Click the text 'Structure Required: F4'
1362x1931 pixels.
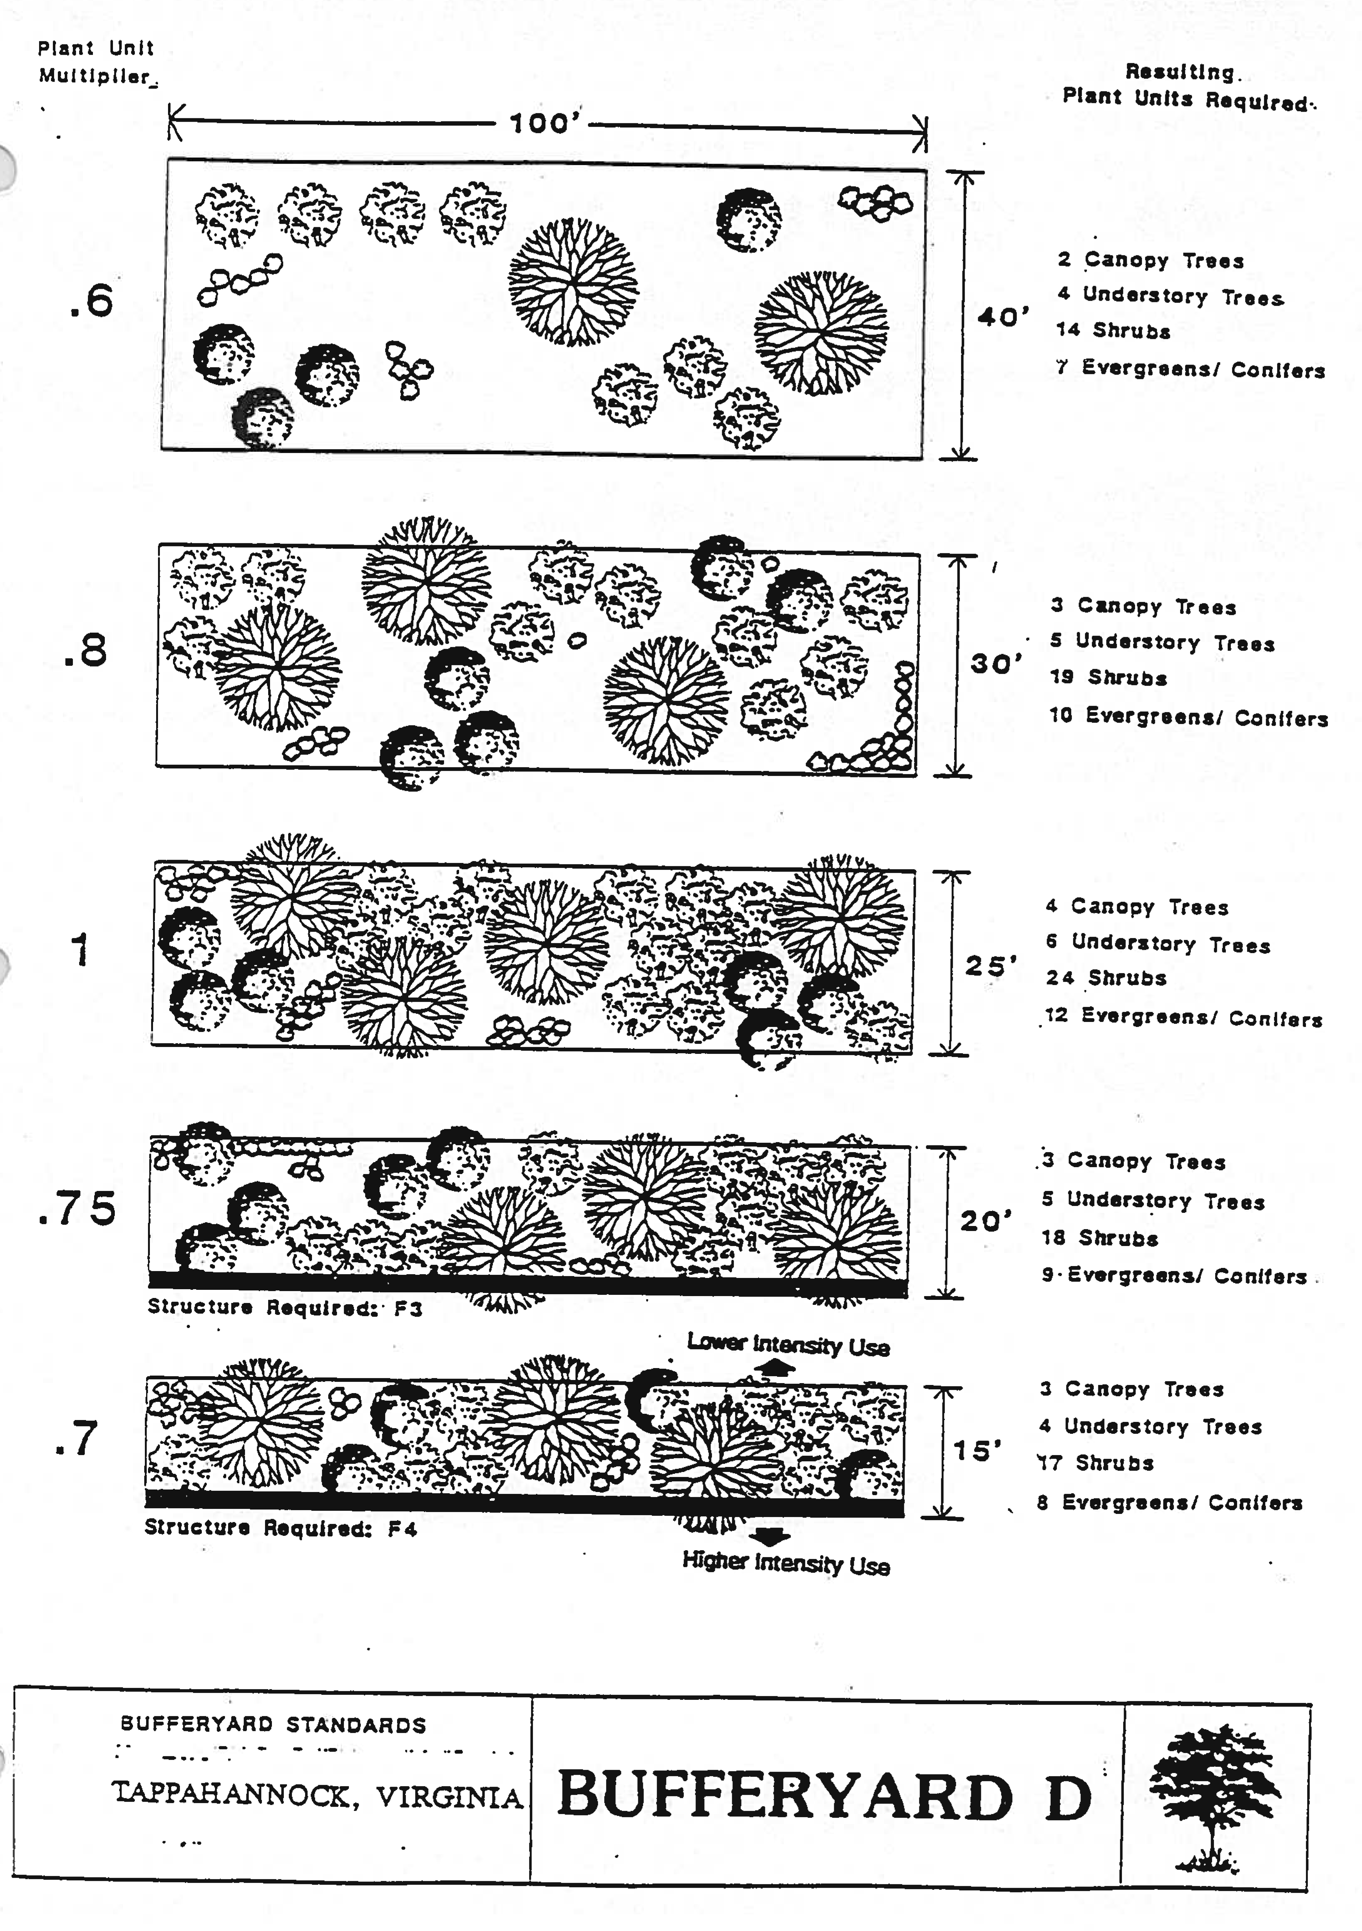coord(281,1528)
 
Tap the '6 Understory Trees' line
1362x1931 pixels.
coord(1157,943)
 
